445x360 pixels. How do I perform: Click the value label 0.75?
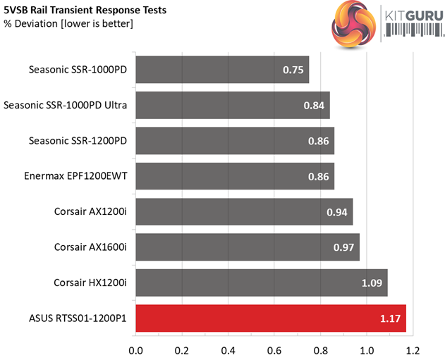[293, 70]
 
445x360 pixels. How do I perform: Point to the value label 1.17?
[390, 318]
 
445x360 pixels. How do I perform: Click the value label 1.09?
[372, 283]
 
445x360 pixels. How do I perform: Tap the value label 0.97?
[344, 247]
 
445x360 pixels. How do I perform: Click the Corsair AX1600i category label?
[90, 247]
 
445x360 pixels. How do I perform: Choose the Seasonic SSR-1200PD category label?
[78, 141]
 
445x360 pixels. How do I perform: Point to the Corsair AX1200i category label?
[90, 212]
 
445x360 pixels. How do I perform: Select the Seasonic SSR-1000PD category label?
[78, 70]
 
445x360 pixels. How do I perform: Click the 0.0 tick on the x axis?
[135, 349]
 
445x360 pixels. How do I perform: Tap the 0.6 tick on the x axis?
[274, 349]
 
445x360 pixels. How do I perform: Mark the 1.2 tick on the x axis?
[413, 349]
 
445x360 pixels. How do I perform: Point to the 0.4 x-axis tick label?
[228, 349]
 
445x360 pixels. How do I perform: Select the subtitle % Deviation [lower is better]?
[68, 25]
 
